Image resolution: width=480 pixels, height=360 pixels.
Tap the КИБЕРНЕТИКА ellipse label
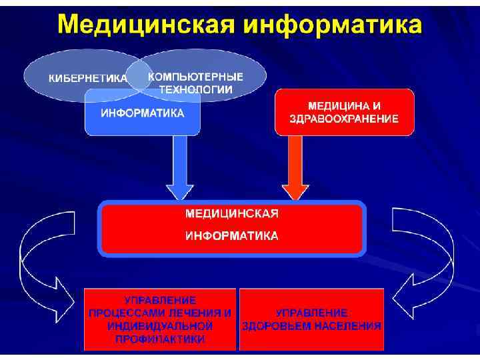click(87, 78)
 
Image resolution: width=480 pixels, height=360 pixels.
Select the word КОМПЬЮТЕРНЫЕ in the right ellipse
click(195, 76)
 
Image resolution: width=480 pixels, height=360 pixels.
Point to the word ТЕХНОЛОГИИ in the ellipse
click(195, 89)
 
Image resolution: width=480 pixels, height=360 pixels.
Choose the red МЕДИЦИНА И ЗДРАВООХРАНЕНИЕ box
click(344, 113)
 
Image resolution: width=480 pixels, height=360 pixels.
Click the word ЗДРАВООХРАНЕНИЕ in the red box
click(344, 119)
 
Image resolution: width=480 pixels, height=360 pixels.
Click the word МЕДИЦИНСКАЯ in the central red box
click(231, 214)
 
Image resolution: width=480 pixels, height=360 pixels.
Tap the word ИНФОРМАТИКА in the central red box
click(231, 236)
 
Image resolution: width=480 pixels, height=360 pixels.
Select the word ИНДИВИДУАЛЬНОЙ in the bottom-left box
click(160, 326)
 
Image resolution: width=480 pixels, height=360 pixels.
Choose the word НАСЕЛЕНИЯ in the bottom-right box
click(349, 326)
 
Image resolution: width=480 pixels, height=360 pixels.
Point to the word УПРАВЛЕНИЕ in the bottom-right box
click(311, 313)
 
